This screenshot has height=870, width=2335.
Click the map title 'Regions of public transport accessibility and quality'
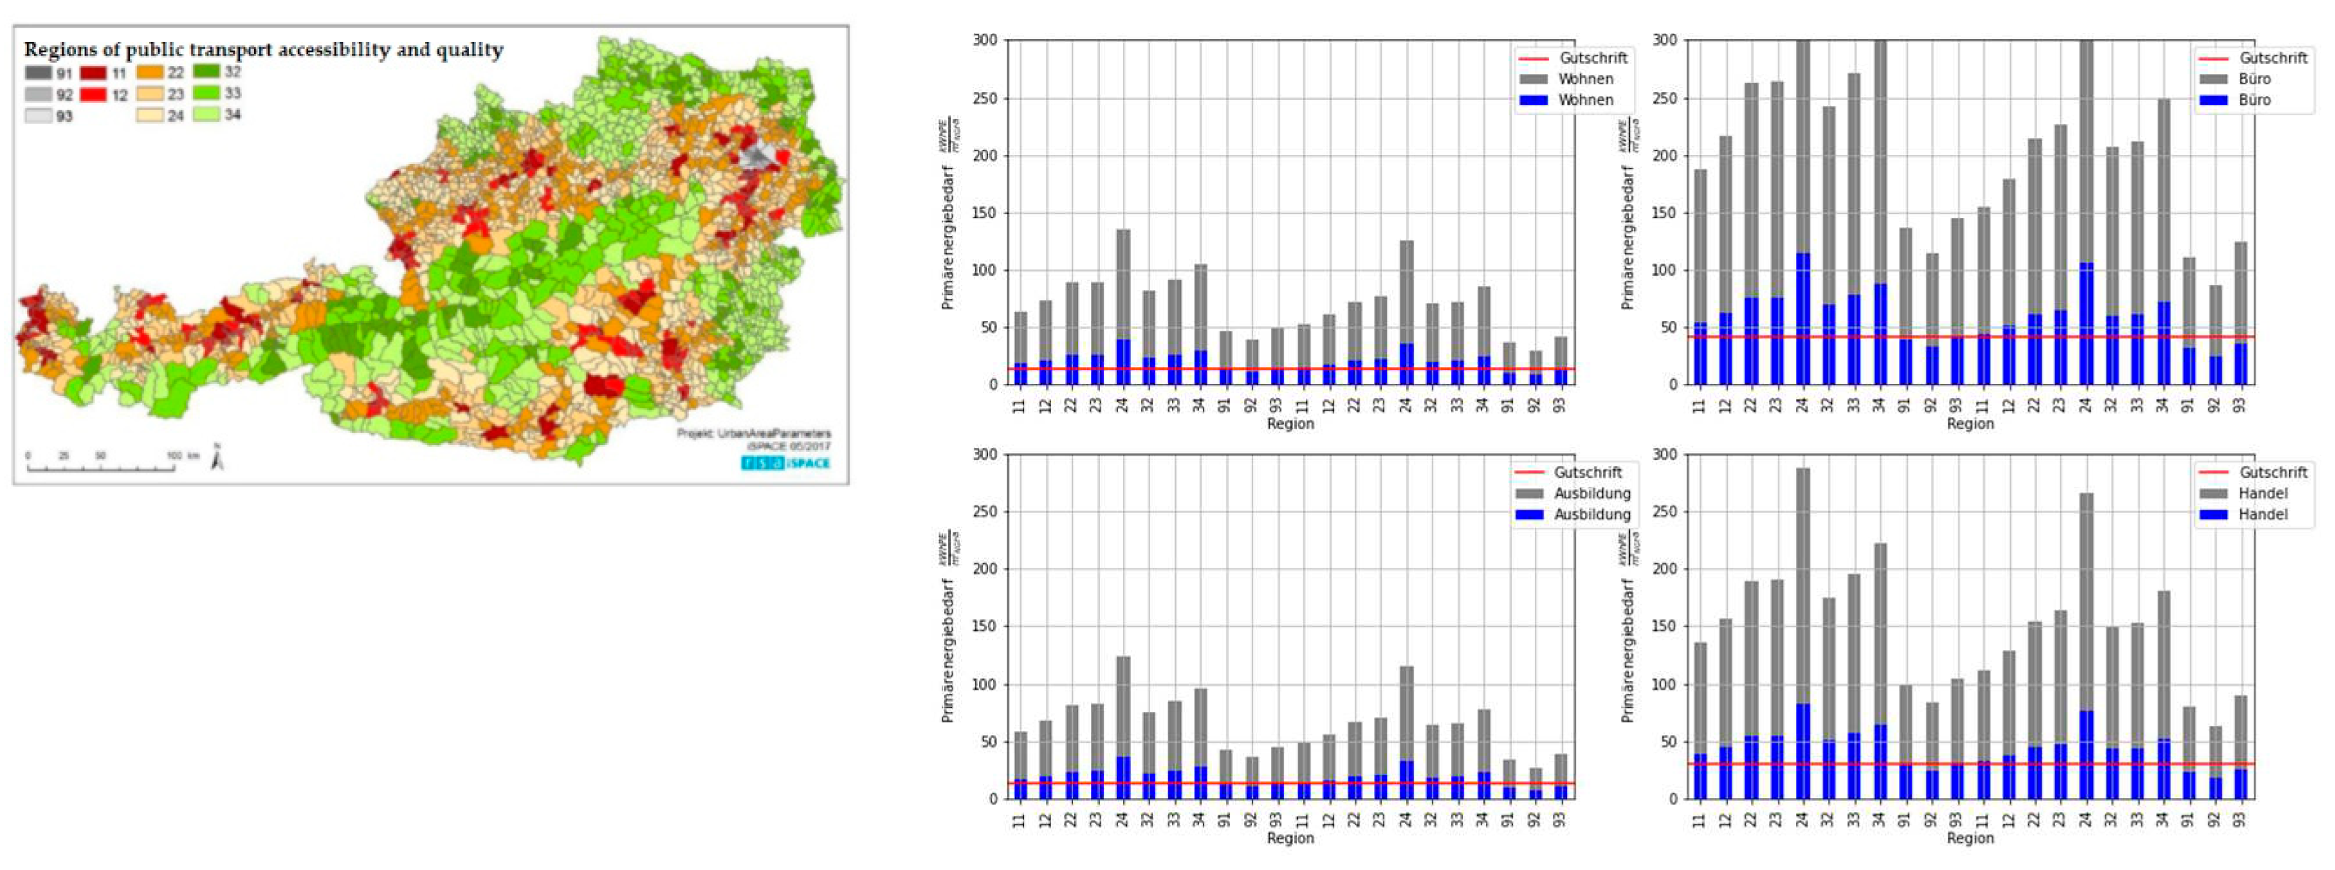[x=263, y=50]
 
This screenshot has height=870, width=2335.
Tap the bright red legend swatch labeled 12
[x=93, y=95]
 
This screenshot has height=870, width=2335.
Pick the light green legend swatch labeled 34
[x=206, y=115]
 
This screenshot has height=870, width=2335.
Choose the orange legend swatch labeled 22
[x=151, y=73]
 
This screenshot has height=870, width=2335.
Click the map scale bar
[x=100, y=467]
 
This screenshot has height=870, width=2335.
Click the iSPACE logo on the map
[x=785, y=463]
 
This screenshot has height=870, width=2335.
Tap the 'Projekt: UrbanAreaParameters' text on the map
[x=753, y=434]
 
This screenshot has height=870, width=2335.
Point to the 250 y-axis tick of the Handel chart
[x=1664, y=512]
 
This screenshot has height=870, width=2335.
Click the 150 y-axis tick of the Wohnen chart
[x=984, y=213]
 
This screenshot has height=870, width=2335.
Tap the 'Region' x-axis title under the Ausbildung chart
[x=1290, y=838]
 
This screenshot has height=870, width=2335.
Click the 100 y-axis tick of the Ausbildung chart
[x=984, y=685]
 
